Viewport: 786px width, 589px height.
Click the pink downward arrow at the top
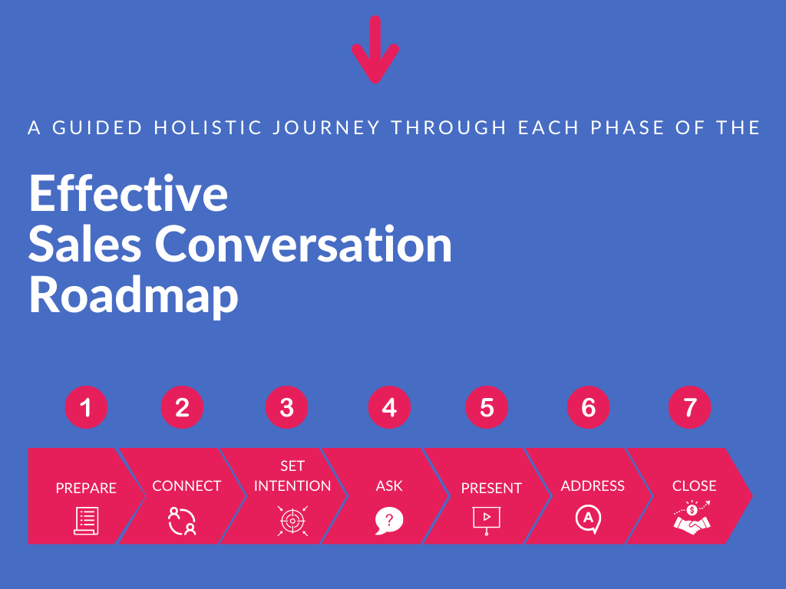(x=375, y=49)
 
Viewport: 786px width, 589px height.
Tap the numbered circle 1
(x=86, y=407)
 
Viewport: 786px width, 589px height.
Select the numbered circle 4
(x=389, y=407)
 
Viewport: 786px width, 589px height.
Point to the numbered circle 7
(x=690, y=407)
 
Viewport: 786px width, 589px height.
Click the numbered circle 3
(x=287, y=407)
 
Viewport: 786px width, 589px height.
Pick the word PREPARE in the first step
(x=86, y=488)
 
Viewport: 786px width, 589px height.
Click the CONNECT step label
(x=187, y=485)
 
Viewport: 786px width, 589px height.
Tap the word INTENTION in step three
(x=292, y=485)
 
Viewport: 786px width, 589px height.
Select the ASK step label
(x=389, y=485)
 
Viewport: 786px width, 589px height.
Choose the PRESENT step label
(x=491, y=488)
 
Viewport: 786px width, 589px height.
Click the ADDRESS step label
(x=593, y=485)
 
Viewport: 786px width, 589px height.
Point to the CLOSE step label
(x=694, y=485)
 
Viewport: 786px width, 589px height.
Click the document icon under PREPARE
(x=86, y=521)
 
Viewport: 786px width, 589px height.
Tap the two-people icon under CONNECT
(x=182, y=521)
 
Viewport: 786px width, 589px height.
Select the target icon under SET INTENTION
(x=292, y=521)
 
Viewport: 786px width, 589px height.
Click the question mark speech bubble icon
(x=389, y=521)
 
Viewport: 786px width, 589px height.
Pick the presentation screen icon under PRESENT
(x=486, y=521)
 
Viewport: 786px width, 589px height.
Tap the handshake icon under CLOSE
(x=692, y=518)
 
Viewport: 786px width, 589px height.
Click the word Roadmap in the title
(x=134, y=295)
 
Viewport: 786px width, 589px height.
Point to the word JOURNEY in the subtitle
(x=326, y=128)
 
